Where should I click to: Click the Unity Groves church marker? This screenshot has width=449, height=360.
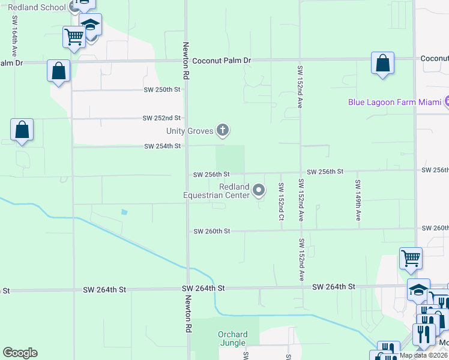[x=223, y=130]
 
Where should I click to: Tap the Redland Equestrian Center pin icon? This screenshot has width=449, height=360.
[x=259, y=191]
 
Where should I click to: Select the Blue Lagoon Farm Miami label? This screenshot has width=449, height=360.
[x=394, y=102]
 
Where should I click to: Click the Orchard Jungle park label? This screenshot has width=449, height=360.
[x=232, y=339]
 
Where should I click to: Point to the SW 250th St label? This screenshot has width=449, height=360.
[x=162, y=90]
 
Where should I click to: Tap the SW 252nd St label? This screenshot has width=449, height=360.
[x=162, y=118]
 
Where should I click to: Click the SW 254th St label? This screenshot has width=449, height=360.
[x=162, y=146]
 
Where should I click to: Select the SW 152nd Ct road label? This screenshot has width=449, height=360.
[x=280, y=201]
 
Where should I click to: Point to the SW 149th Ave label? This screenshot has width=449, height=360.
[x=358, y=200]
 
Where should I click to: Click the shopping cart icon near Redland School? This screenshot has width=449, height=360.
[x=74, y=37]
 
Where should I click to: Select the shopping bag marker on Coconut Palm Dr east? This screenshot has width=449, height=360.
[x=382, y=63]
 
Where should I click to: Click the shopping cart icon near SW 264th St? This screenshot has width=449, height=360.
[x=411, y=259]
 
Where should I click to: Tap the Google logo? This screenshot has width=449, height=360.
[x=20, y=353]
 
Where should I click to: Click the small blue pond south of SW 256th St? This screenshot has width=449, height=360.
[x=124, y=212]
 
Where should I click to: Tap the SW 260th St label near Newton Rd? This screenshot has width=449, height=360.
[x=211, y=231]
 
